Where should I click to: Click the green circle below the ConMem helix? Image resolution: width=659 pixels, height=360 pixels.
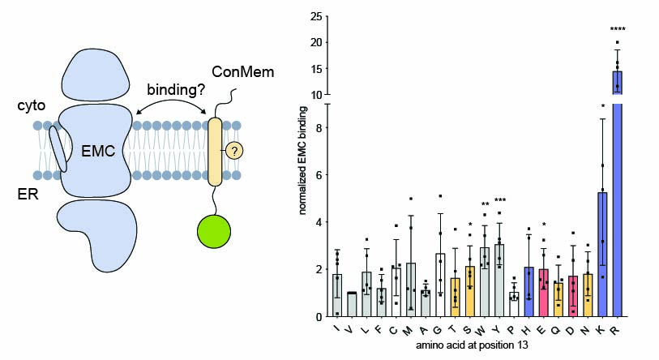tap(214, 230)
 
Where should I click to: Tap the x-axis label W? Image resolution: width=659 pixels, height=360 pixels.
tap(485, 330)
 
